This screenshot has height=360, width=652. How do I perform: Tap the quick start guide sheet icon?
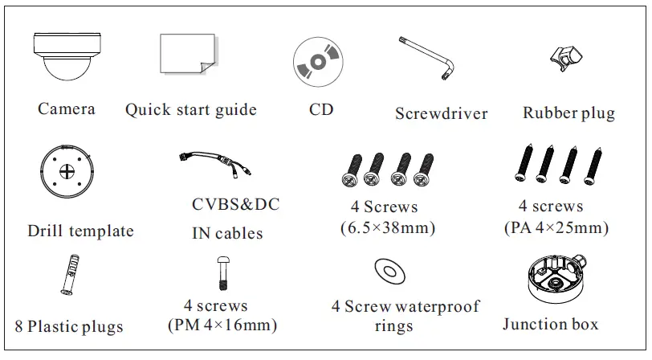186,58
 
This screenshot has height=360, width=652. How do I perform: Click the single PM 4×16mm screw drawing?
223,275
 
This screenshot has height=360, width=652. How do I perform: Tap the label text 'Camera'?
67,108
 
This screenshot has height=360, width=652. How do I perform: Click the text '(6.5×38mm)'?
388,228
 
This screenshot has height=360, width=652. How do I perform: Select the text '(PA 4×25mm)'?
556,228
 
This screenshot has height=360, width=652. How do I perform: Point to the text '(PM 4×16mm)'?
222,325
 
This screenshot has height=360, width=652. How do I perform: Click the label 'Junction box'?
551,325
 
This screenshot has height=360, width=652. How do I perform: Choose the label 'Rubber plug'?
568,112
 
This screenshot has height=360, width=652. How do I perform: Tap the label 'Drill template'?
80,231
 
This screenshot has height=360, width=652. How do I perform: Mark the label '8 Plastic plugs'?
69,326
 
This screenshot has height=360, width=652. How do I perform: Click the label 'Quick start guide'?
191,109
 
